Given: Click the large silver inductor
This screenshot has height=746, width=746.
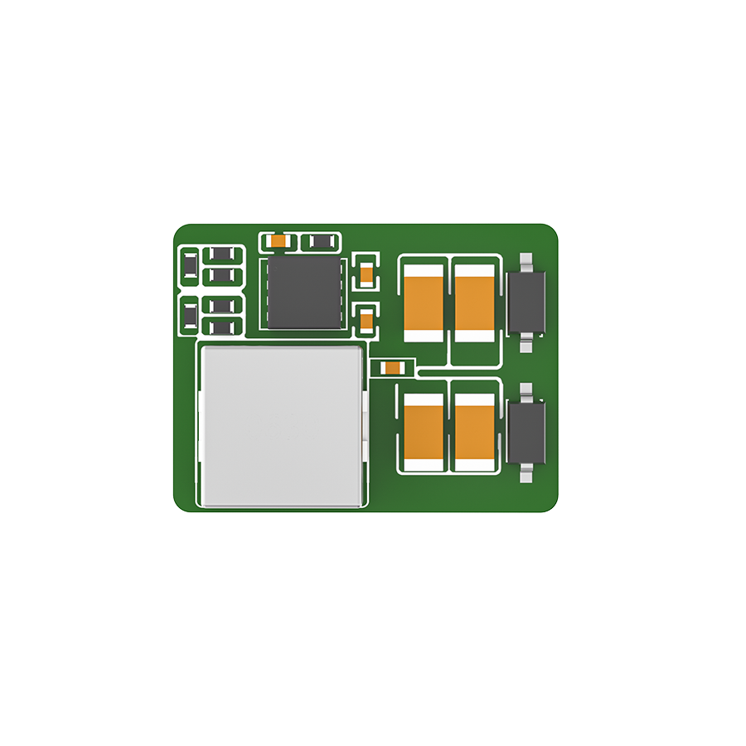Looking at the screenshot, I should (283, 426).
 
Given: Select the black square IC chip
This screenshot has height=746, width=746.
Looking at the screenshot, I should (303, 291).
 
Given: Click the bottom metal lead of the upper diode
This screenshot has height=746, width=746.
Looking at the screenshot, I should (526, 341).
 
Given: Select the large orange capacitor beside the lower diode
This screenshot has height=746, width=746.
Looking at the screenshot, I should (475, 432).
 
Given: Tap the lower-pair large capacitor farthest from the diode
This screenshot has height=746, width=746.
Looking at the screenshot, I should (424, 432).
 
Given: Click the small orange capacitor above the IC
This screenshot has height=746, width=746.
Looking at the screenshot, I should (279, 241).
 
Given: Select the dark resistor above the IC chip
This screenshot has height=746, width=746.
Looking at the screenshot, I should (320, 241).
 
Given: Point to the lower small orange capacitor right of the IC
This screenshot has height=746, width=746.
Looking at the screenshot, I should (366, 317).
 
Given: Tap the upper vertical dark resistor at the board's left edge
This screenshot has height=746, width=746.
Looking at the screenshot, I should (190, 266).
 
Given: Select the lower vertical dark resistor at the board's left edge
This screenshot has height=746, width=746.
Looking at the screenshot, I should (190, 314).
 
